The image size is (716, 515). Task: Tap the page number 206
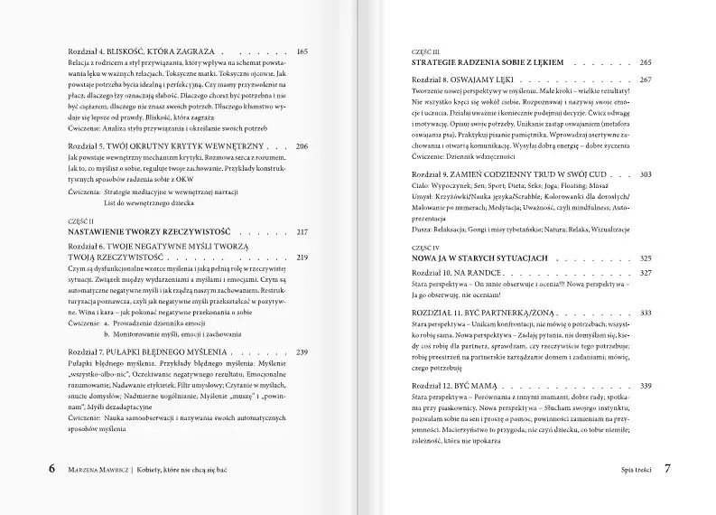pyautogui.click(x=302, y=145)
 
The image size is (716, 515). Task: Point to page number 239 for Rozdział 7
pyautogui.click(x=302, y=351)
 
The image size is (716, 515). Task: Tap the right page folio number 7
pyautogui.click(x=667, y=469)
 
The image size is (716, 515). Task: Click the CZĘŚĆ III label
pyautogui.click(x=426, y=51)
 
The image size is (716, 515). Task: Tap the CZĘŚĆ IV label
pyautogui.click(x=426, y=247)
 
